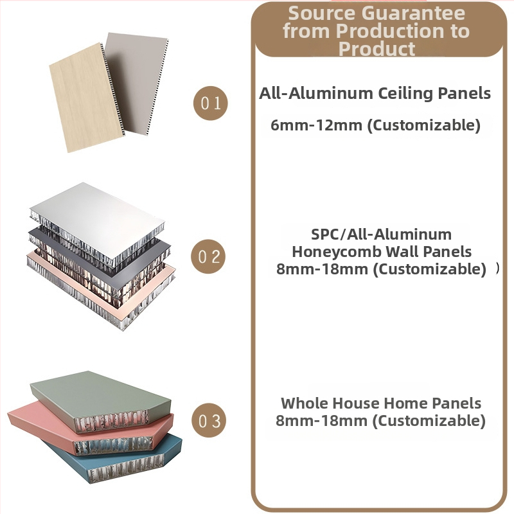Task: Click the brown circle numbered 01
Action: [211, 103]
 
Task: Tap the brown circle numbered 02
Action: [208, 256]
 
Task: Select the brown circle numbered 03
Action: [209, 420]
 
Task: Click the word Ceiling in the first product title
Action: [406, 94]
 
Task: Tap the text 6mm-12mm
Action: [316, 125]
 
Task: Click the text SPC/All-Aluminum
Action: [381, 235]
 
